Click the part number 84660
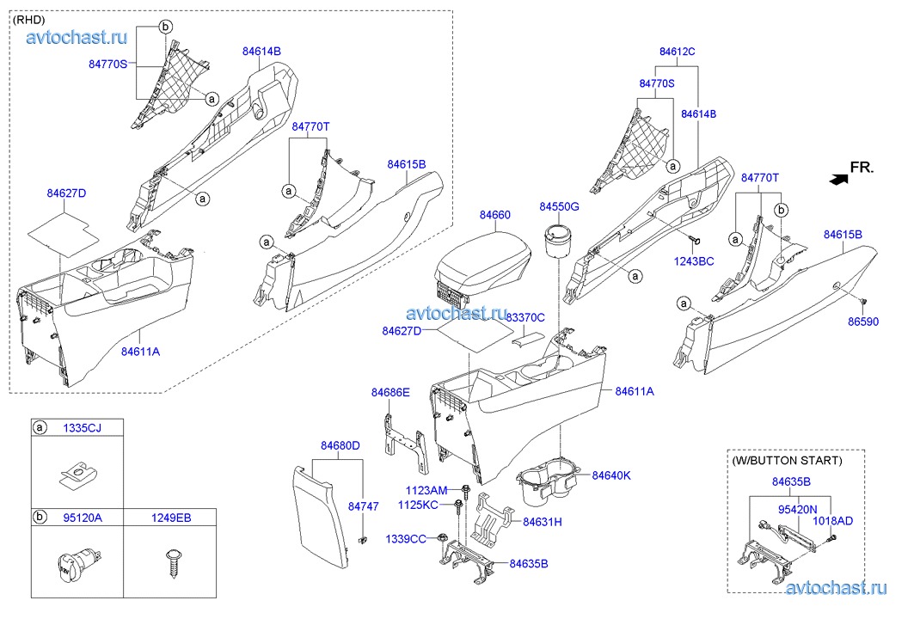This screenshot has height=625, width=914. click(x=494, y=214)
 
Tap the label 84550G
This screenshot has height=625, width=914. click(x=560, y=206)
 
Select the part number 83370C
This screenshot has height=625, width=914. click(x=524, y=317)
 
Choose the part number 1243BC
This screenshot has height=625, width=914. click(x=693, y=260)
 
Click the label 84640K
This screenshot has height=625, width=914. click(x=611, y=475)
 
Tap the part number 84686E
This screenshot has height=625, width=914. click(x=390, y=392)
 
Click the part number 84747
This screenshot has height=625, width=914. click(x=363, y=507)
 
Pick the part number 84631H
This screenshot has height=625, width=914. click(x=543, y=521)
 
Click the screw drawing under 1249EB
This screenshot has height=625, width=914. click(x=169, y=563)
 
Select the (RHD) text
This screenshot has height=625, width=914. click(x=30, y=19)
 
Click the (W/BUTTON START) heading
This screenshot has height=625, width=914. click(x=787, y=460)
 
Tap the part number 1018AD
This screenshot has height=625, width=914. click(x=833, y=521)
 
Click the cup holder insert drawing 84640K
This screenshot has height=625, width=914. click(x=549, y=483)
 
